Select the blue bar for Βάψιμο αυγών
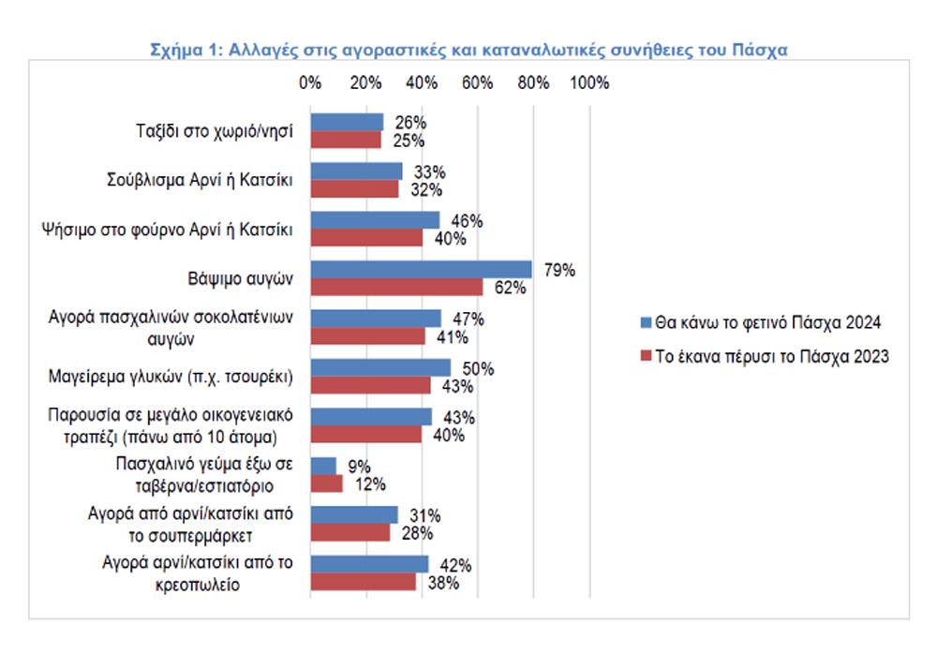[x=421, y=270]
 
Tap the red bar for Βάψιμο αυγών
[x=396, y=287]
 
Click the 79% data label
[x=559, y=271]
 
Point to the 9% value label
[x=359, y=466]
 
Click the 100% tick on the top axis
[x=588, y=82]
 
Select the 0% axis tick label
[x=310, y=82]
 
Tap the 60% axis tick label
[x=478, y=82]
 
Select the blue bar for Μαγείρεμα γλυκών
[x=380, y=367]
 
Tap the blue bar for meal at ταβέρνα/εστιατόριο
[x=323, y=466]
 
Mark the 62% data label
[x=512, y=288]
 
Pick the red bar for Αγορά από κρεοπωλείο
[x=363, y=582]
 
